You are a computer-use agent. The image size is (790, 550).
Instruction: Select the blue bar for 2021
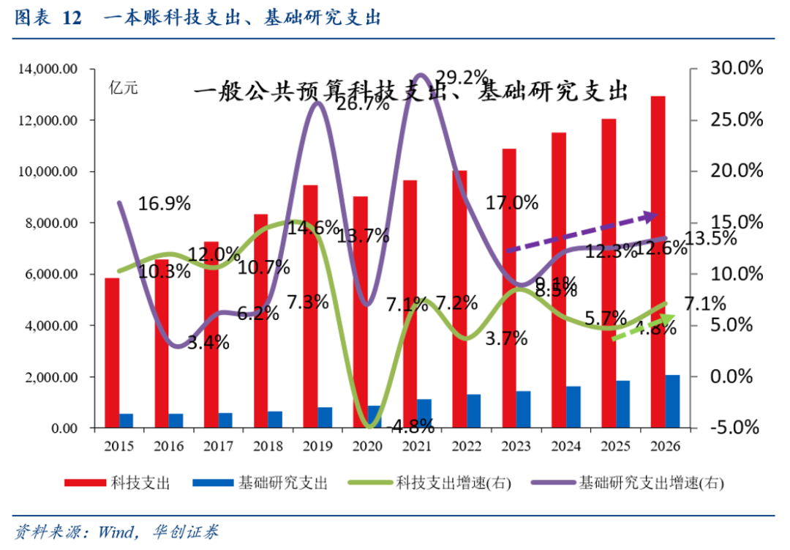[424, 413]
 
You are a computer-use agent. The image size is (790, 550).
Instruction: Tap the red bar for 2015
[112, 352]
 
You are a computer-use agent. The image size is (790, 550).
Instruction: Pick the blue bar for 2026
[672, 401]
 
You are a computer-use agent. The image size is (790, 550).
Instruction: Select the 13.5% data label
[714, 239]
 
